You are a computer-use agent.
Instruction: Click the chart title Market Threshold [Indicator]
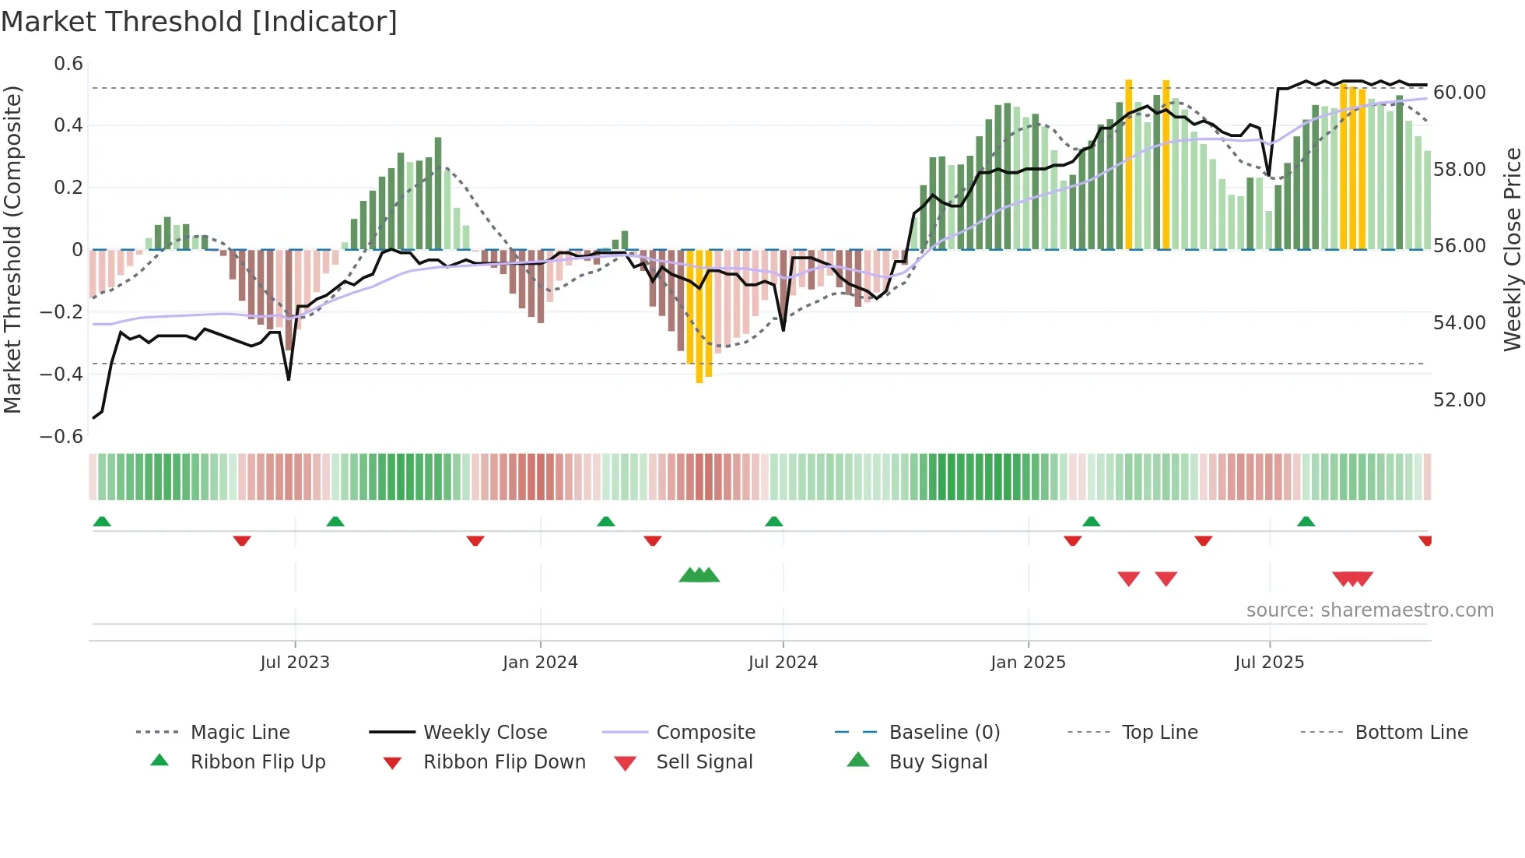pyautogui.click(x=199, y=22)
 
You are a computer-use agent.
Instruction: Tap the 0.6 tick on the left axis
pyautogui.click(x=68, y=64)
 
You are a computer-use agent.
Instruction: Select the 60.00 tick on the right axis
pyautogui.click(x=1460, y=93)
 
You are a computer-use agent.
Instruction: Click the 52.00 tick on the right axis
pyautogui.click(x=1460, y=400)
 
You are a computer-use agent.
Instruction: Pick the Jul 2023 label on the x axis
pyautogui.click(x=295, y=663)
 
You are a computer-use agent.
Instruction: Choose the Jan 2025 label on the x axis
pyautogui.click(x=1028, y=663)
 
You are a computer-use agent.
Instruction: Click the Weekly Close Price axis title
pyautogui.click(x=1512, y=249)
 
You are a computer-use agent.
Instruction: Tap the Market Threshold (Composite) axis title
pyautogui.click(x=12, y=249)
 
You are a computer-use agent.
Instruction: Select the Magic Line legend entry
pyautogui.click(x=240, y=733)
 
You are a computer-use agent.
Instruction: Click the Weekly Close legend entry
pyautogui.click(x=485, y=733)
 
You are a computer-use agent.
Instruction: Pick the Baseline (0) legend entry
pyautogui.click(x=944, y=733)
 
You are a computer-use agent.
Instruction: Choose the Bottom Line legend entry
pyautogui.click(x=1411, y=733)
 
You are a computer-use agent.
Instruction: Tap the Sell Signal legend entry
pyautogui.click(x=704, y=762)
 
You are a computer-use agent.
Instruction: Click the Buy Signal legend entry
pyautogui.click(x=938, y=762)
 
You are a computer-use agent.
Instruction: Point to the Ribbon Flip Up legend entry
pyautogui.click(x=258, y=762)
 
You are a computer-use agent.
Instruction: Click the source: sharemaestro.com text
pyautogui.click(x=1369, y=610)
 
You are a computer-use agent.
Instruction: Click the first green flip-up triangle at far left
pyautogui.click(x=102, y=522)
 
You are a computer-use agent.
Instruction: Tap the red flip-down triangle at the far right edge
pyautogui.click(x=1425, y=540)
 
